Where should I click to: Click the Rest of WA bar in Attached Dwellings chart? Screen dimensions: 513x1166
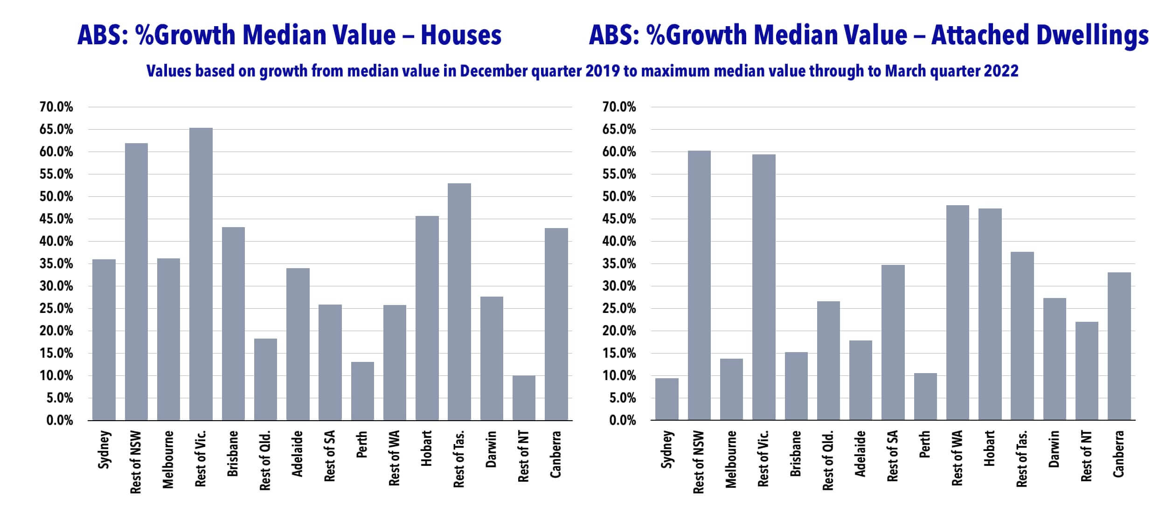coord(958,312)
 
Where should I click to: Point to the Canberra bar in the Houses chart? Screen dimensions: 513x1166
coord(556,324)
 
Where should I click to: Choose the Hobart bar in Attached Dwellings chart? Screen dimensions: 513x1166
coord(990,314)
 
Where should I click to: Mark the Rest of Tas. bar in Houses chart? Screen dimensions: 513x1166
coord(459,302)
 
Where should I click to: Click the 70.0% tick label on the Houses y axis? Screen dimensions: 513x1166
coord(56,107)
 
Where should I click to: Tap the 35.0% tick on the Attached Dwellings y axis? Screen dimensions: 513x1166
coord(619,264)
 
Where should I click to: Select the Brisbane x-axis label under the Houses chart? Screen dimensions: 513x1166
coord(233,453)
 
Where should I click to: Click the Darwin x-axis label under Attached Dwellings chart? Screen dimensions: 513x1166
coord(1055,449)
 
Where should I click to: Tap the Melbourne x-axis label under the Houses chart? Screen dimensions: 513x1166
coord(168,459)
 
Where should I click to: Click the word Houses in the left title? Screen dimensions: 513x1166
coord(461,35)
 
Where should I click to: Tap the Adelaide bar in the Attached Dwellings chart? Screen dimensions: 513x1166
coord(861,380)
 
